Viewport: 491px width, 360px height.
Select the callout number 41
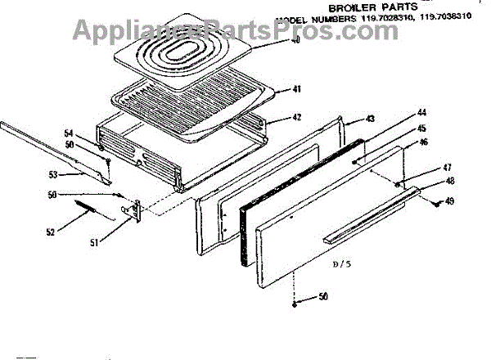click(x=295, y=90)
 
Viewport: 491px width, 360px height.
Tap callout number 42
click(x=295, y=117)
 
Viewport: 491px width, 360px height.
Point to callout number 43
click(x=370, y=119)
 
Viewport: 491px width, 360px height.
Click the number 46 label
click(x=423, y=142)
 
